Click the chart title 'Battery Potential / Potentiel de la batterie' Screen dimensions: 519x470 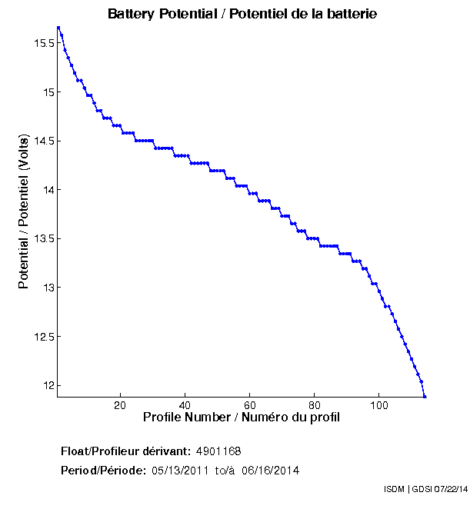[242, 14]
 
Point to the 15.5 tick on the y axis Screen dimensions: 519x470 [43, 44]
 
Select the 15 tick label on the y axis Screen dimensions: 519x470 [48, 92]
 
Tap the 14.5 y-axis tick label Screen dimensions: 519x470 [43, 141]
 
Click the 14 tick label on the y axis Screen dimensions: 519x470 [48, 190]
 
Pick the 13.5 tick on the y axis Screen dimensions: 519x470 [43, 239]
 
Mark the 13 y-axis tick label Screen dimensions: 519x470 [48, 288]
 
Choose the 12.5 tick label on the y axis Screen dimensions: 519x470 [43, 337]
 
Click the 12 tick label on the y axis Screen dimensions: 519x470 [48, 385]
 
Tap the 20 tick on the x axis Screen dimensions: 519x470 [120, 405]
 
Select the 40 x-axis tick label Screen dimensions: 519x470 [185, 405]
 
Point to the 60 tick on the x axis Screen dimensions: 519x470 [250, 405]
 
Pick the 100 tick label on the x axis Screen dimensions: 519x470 [379, 405]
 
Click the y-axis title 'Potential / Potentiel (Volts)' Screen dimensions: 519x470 [24, 211]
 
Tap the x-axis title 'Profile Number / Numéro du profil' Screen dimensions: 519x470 [242, 418]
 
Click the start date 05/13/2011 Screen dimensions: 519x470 [178, 470]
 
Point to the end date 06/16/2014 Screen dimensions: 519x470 [270, 470]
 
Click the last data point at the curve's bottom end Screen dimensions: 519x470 [425, 396]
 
